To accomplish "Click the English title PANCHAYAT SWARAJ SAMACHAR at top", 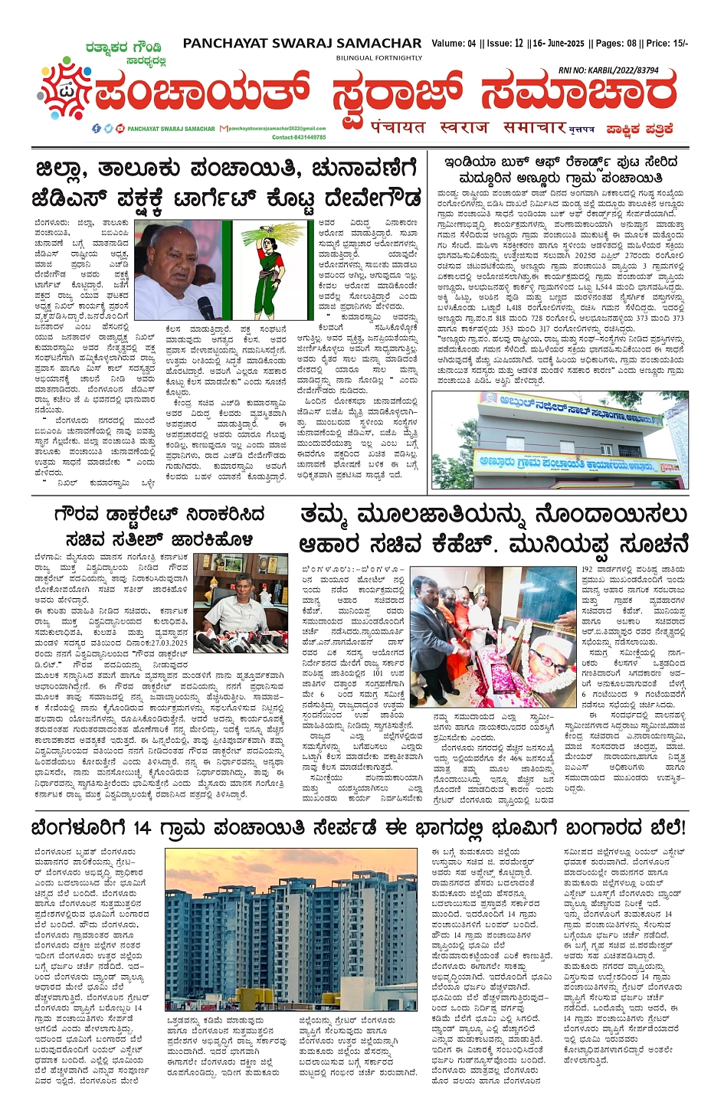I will coord(302,44).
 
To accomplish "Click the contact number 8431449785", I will coord(306,137).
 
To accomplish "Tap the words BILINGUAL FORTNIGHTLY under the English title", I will coord(379,58).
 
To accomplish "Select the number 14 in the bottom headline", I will coord(142,827).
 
